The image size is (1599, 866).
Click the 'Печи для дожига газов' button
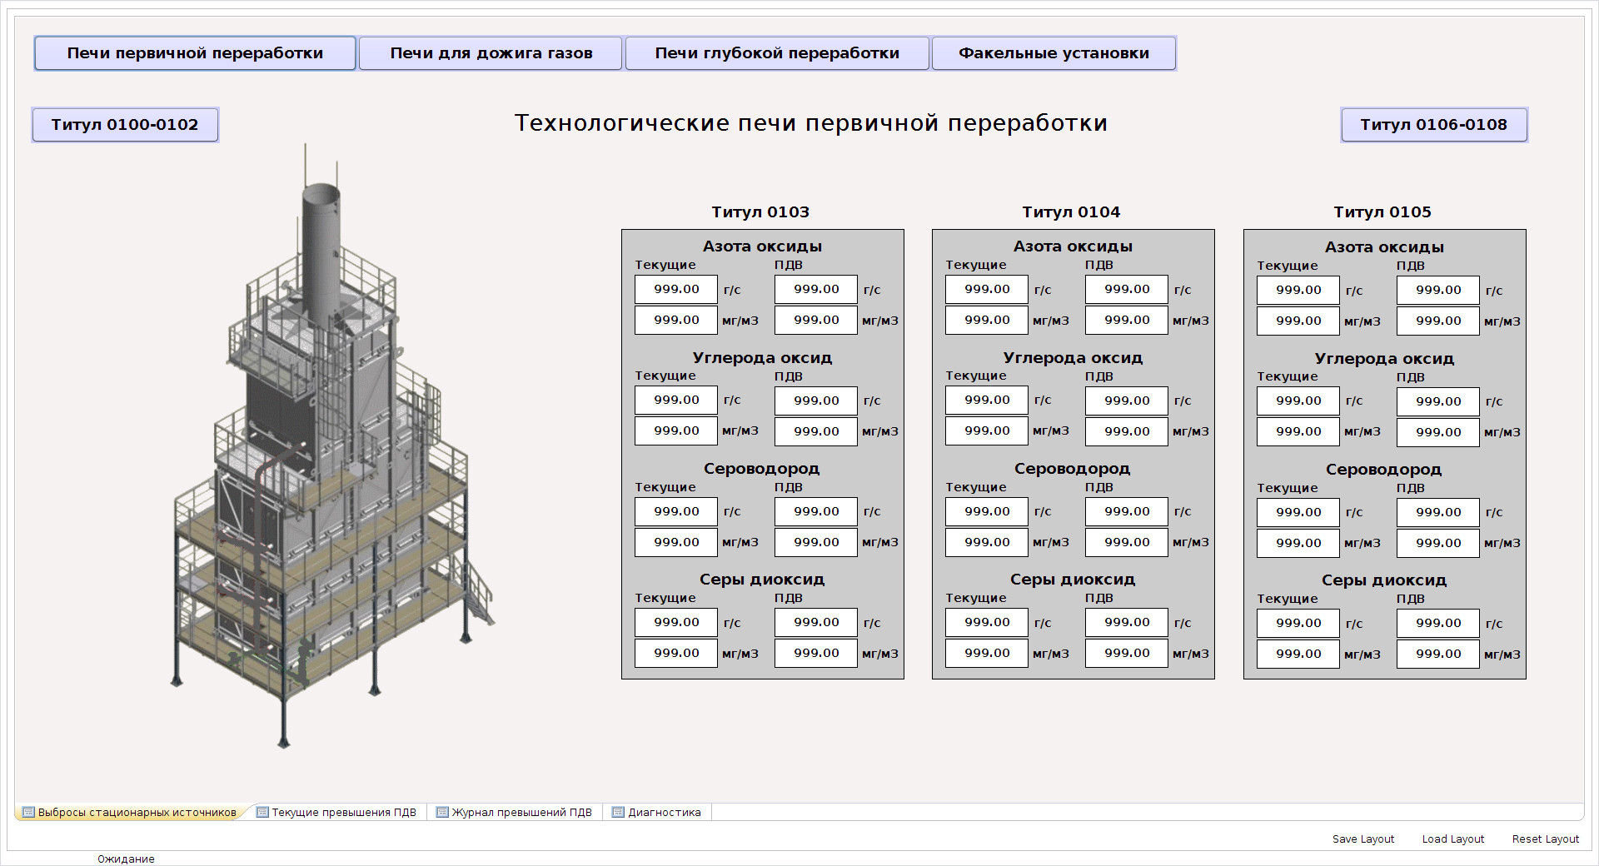pyautogui.click(x=491, y=53)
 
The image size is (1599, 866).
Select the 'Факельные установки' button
pyautogui.click(x=1054, y=53)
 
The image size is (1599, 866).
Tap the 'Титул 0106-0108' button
pyautogui.click(x=1434, y=125)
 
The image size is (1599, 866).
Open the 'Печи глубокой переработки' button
pyautogui.click(x=777, y=53)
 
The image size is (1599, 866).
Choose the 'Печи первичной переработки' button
pyautogui.click(x=195, y=53)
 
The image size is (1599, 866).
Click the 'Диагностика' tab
pyautogui.click(x=656, y=813)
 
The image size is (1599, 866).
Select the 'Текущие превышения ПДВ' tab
pyautogui.click(x=336, y=813)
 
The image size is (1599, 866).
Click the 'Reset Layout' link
pyautogui.click(x=1546, y=839)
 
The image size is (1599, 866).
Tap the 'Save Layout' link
pyautogui.click(x=1363, y=839)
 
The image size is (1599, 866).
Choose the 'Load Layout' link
pyautogui.click(x=1453, y=839)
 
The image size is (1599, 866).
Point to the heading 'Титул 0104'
pyautogui.click(x=1071, y=212)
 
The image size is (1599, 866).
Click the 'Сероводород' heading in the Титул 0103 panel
pyautogui.click(x=762, y=469)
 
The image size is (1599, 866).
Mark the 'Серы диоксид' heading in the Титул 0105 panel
pyautogui.click(x=1384, y=580)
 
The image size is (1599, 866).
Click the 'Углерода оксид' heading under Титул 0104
pyautogui.click(x=1073, y=358)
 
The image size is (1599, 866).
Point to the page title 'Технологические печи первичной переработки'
pyautogui.click(x=811, y=123)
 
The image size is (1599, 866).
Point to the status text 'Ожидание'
pyautogui.click(x=126, y=859)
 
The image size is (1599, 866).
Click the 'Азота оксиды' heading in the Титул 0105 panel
pyautogui.click(x=1384, y=247)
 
